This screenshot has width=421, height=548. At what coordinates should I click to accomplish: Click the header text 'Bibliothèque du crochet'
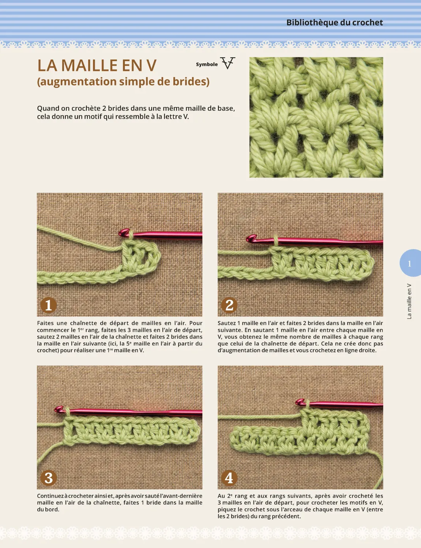[x=334, y=23]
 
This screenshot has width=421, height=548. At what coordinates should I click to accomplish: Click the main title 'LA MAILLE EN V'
[x=97, y=66]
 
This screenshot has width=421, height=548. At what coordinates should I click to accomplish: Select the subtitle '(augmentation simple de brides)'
[x=123, y=81]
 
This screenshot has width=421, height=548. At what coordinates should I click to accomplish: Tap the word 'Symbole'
[x=207, y=64]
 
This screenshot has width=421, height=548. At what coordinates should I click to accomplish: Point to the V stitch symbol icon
[x=228, y=64]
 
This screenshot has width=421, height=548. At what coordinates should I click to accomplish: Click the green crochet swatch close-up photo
[x=316, y=117]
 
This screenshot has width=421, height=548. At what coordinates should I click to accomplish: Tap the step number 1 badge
[x=48, y=305]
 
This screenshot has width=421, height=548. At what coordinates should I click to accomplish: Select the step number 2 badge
[x=229, y=305]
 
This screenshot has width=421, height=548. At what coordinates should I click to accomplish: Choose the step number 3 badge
[x=48, y=478]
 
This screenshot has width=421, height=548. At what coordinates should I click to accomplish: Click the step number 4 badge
[x=229, y=478]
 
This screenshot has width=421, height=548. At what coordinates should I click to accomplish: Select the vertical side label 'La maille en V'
[x=409, y=301]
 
